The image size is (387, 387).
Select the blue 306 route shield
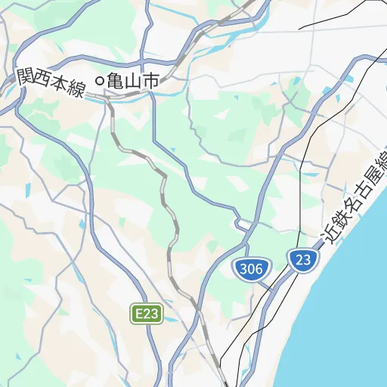click(249, 268)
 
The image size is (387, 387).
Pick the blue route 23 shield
click(303, 261)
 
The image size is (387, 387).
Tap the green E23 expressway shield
click(147, 314)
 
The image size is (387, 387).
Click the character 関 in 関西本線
click(26, 76)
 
